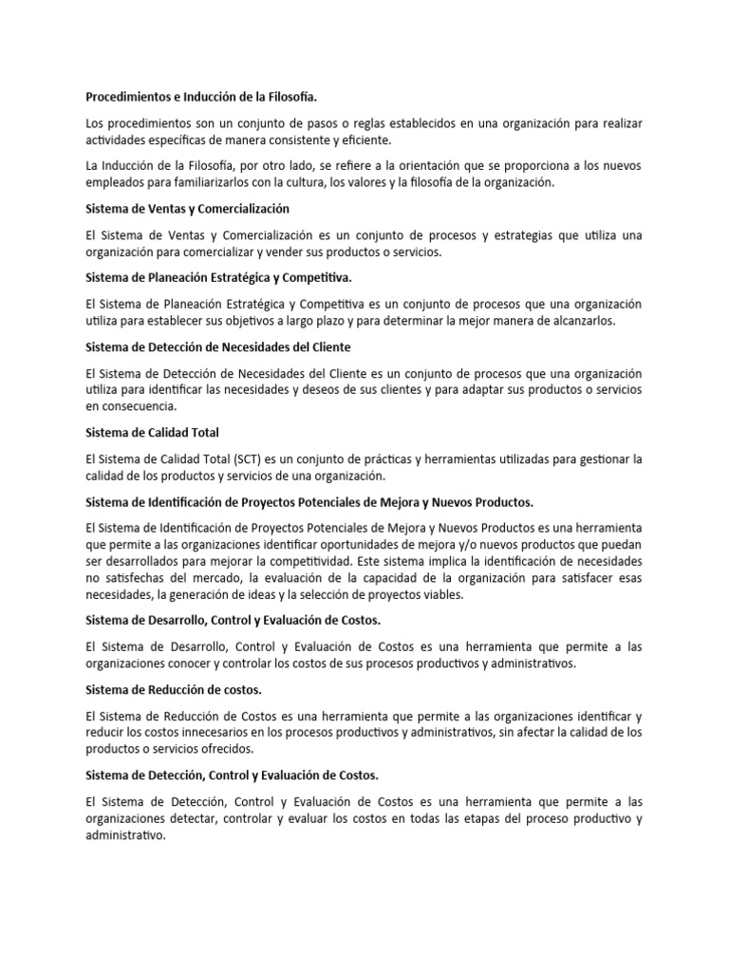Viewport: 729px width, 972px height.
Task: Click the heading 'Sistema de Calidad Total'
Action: (x=152, y=432)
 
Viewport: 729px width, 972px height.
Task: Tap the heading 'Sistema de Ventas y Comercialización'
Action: (x=187, y=207)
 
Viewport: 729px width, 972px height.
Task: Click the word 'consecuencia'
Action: (x=142, y=406)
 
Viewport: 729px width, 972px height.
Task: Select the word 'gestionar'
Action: (x=591, y=458)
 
